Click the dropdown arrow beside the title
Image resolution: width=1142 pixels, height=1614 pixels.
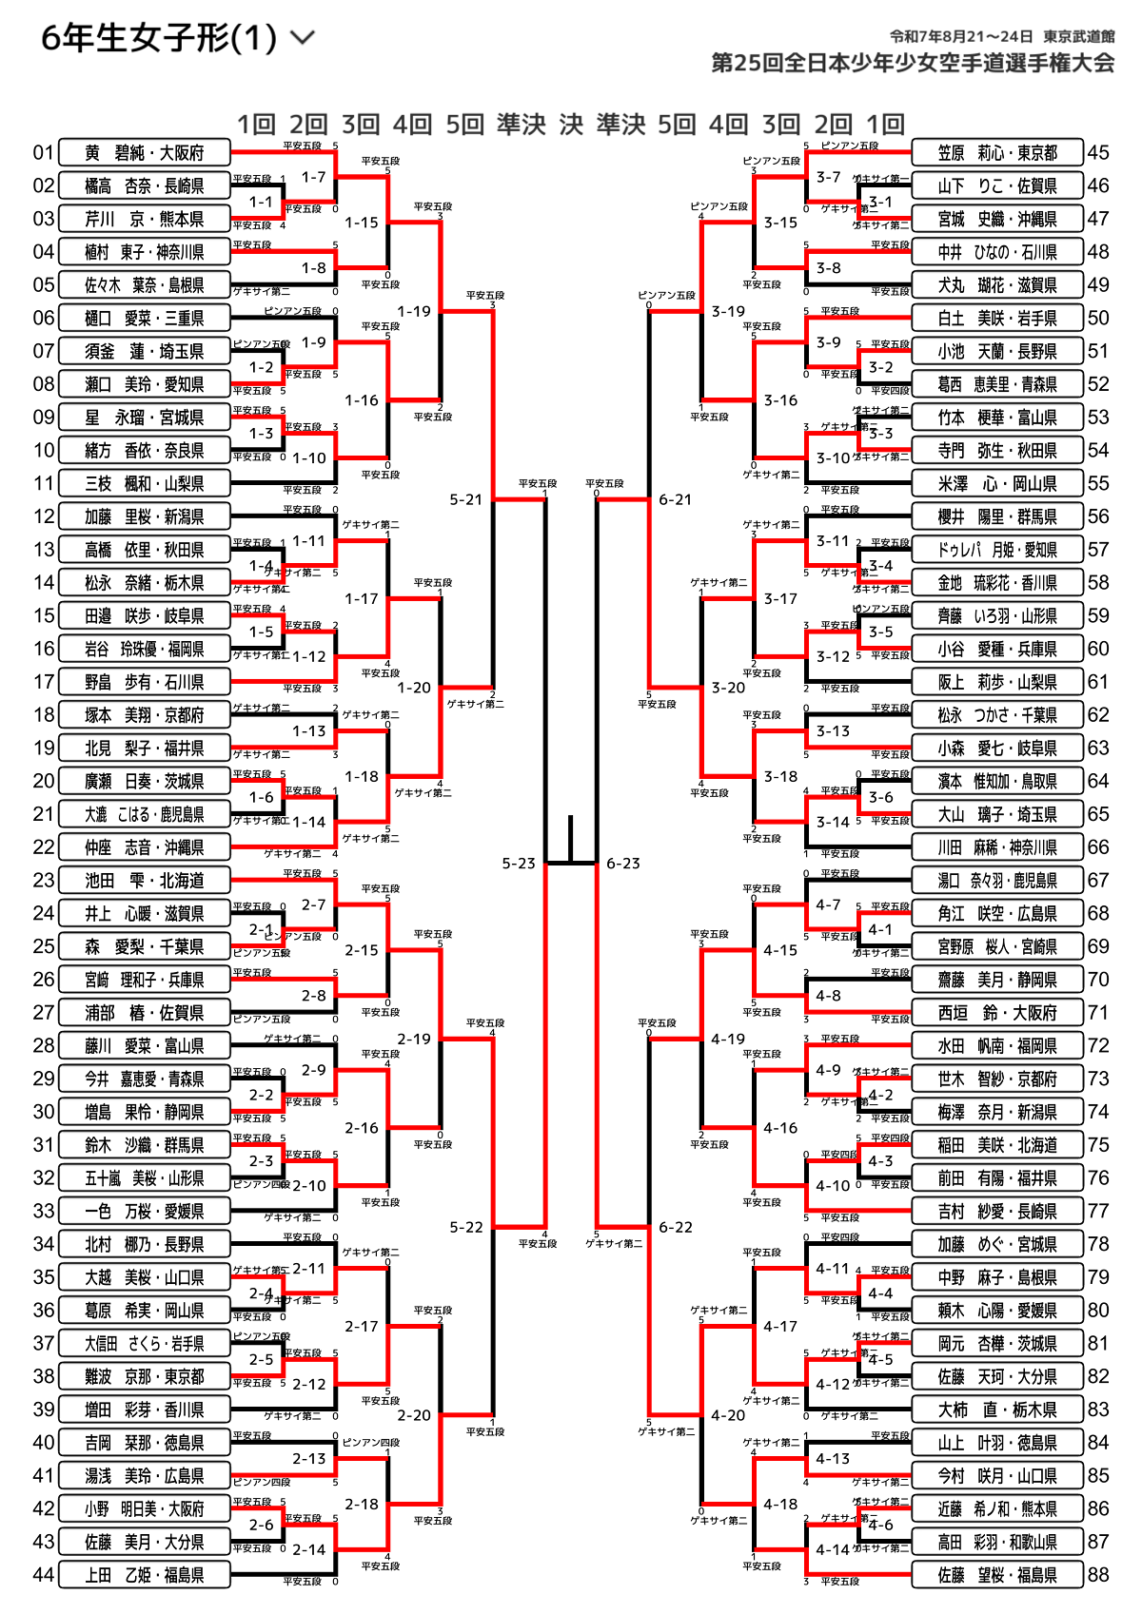pos(302,38)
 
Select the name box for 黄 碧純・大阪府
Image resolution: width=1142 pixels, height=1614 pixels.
pos(145,152)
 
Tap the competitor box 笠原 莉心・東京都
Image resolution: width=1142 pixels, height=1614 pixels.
pos(997,152)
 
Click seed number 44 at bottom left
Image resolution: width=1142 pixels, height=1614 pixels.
pos(44,1575)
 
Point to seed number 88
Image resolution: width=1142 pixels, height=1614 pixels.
pos(1098,1575)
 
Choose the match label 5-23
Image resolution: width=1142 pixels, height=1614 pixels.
pos(519,864)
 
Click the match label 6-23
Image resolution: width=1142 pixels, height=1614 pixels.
pos(623,864)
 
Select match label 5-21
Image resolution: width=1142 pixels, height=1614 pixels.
pos(466,499)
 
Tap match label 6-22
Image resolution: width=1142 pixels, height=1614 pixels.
pos(676,1227)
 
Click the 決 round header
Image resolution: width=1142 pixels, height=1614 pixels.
pos(571,125)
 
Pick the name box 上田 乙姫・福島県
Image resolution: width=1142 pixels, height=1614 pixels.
pos(145,1575)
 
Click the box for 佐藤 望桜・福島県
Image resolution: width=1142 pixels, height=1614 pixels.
pos(997,1575)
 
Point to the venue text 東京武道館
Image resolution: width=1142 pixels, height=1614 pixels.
pos(1078,36)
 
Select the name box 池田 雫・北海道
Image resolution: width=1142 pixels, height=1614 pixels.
pos(145,881)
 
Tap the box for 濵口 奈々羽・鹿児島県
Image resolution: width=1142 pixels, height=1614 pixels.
pos(997,881)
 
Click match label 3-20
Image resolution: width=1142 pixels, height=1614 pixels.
pos(728,688)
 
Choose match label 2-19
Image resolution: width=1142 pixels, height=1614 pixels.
pos(414,1039)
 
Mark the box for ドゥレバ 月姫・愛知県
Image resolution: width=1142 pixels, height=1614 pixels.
pos(997,550)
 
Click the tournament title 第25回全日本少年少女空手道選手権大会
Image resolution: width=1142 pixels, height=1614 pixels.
pos(913,64)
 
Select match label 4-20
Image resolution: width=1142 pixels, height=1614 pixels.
pos(728,1415)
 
